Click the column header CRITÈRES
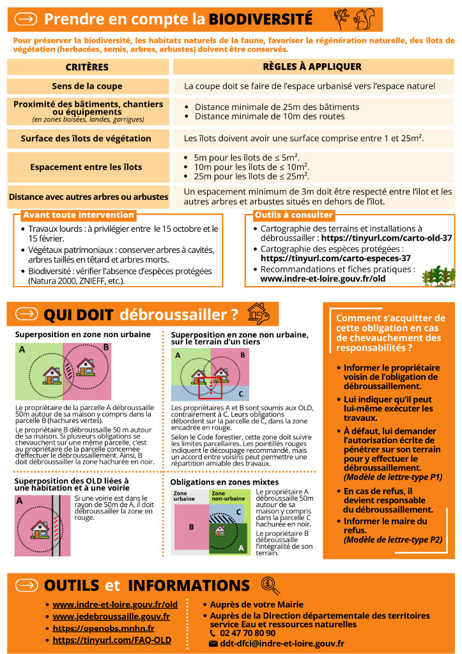(88, 67)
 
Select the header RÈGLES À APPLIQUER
(312, 67)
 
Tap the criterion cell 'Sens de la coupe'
(88, 86)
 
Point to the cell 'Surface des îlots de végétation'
(88, 138)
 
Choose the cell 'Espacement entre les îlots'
(88, 167)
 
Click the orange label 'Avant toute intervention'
(79, 215)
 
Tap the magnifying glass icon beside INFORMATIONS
(270, 584)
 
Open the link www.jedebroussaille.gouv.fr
(111, 616)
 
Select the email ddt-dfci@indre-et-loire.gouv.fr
(281, 644)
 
